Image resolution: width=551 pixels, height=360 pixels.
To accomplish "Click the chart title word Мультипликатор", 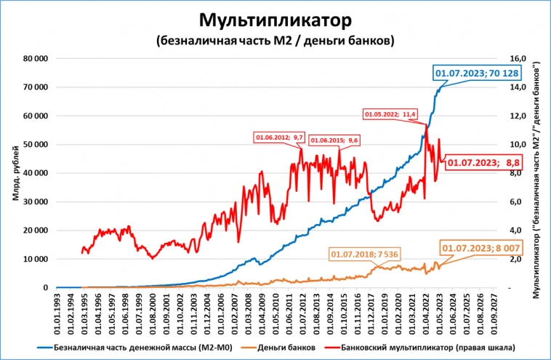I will [x=275, y=18].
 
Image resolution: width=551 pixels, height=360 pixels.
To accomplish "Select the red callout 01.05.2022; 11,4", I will [x=390, y=114].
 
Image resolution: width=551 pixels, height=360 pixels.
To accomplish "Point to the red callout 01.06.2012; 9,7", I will [x=279, y=137].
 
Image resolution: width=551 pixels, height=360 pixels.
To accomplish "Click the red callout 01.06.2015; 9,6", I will [x=335, y=140].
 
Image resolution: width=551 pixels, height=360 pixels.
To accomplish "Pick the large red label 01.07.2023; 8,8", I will [x=483, y=164].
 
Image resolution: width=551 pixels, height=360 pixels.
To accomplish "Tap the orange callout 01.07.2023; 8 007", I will [x=478, y=249].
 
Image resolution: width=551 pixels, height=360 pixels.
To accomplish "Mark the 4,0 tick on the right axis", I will [x=515, y=231].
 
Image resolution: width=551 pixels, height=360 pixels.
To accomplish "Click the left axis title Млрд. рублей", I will [x=15, y=172].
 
